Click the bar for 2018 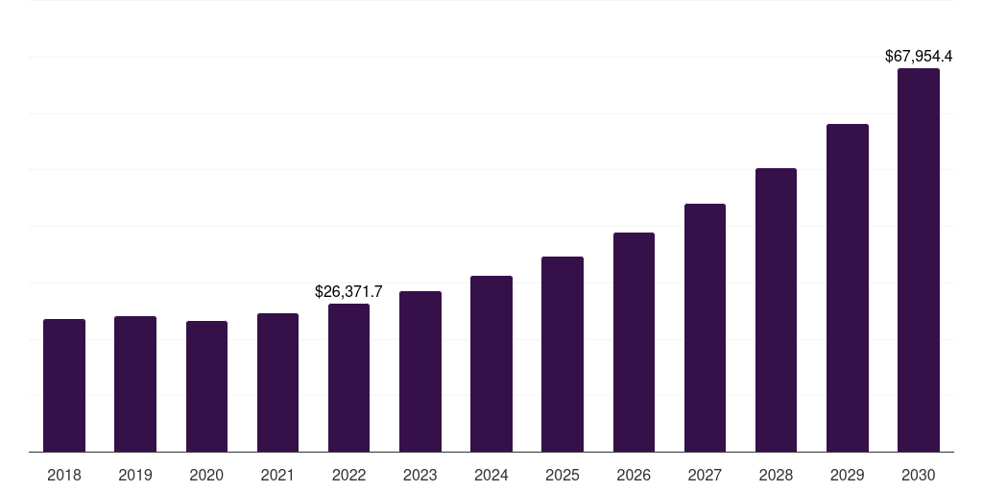pos(64,385)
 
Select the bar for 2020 pos(206,386)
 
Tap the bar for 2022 pos(348,378)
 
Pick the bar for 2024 pos(491,364)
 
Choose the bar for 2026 pos(634,342)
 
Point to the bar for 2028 pos(776,310)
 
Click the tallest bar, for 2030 pos(919,260)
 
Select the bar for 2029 pos(848,288)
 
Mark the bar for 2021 pos(277,382)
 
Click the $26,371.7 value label pos(348,291)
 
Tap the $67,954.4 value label pos(919,57)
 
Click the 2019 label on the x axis pos(135,475)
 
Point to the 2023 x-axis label pos(420,475)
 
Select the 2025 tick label pos(563,475)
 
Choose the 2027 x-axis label pos(705,475)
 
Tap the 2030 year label pos(919,475)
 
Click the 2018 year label pos(64,475)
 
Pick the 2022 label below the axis pos(348,475)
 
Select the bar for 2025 pos(563,355)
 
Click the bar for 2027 pos(705,328)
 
